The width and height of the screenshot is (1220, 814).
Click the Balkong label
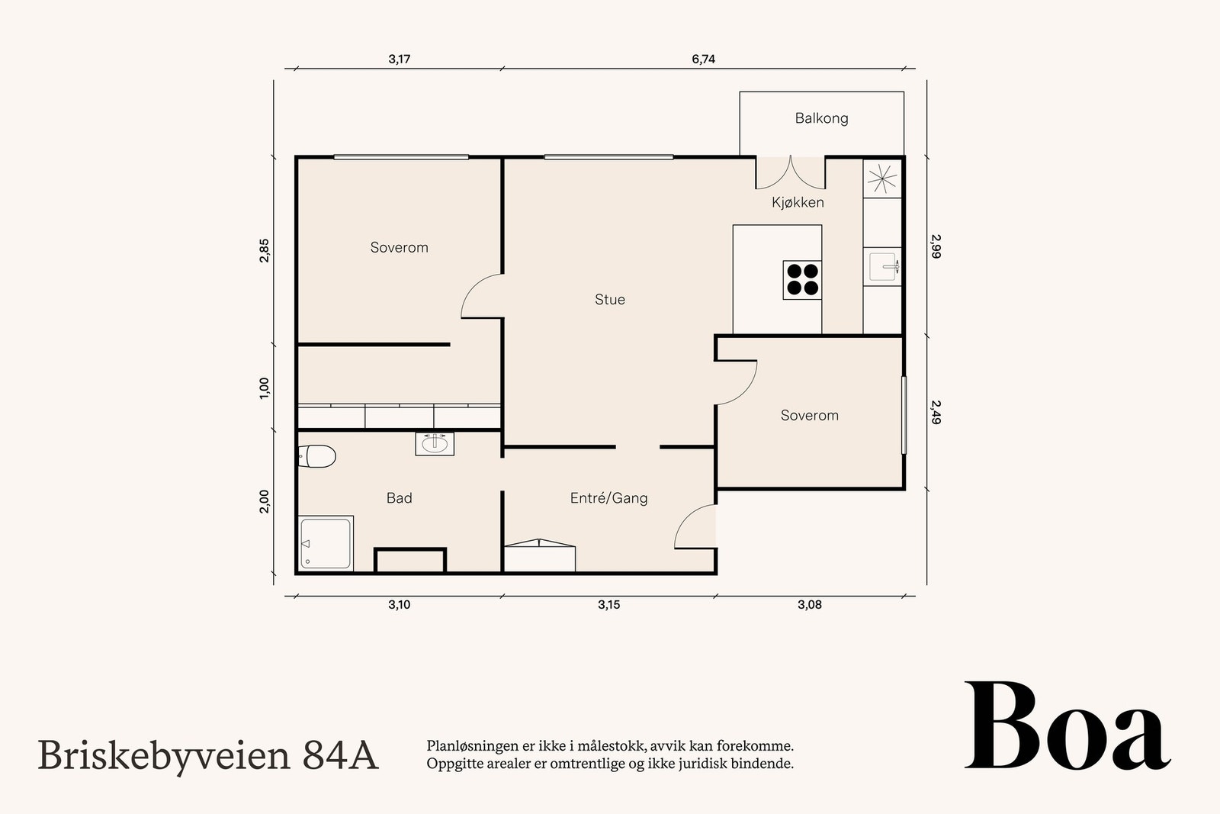[x=821, y=118]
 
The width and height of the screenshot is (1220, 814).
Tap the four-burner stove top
[x=802, y=279]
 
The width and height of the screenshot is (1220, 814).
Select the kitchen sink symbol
[x=884, y=266]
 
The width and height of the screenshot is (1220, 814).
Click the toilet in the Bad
[x=316, y=456]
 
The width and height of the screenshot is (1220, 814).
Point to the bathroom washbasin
[x=435, y=443]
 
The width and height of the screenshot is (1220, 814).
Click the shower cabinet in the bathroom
[x=326, y=543]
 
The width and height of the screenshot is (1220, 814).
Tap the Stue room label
[x=610, y=300]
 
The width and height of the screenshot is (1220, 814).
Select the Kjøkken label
[x=798, y=202]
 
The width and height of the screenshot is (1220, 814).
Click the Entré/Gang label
[x=608, y=498]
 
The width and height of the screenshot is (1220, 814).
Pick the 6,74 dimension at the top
[x=703, y=59]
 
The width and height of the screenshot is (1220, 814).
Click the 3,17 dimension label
[x=399, y=59]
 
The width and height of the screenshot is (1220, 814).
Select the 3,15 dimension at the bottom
[x=608, y=605]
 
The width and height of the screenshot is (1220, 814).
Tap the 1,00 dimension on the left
[x=265, y=388]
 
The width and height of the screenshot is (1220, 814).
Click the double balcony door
[x=790, y=172]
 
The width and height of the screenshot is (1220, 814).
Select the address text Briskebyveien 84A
[x=207, y=755]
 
